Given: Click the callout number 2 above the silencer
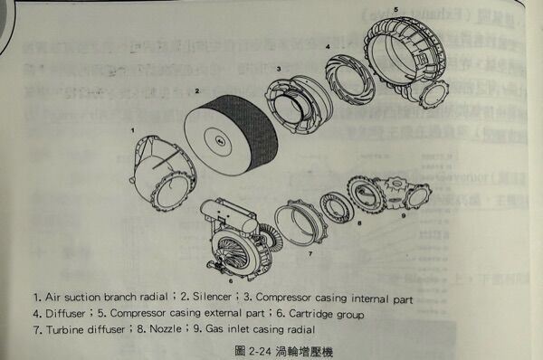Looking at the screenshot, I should tap(196, 91).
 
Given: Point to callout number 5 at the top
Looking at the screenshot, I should tap(395, 8).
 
